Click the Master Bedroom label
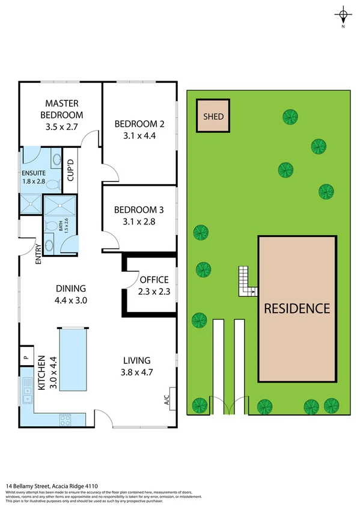[x=62, y=109]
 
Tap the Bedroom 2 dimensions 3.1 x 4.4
[x=139, y=135]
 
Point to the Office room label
[x=154, y=280]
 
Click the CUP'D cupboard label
[x=70, y=170]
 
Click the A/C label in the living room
[x=165, y=398]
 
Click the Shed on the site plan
[x=213, y=116]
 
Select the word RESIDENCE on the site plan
[x=298, y=309]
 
